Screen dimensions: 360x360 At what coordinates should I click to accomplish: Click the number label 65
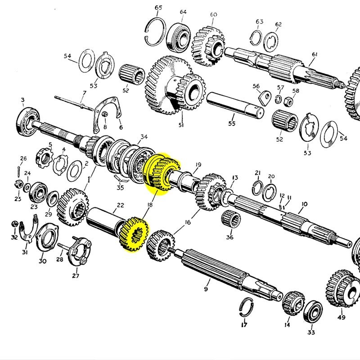158,7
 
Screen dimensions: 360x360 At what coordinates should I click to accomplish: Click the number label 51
181,125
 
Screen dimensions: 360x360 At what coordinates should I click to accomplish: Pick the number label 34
144,136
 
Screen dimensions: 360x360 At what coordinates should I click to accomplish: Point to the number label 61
315,54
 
